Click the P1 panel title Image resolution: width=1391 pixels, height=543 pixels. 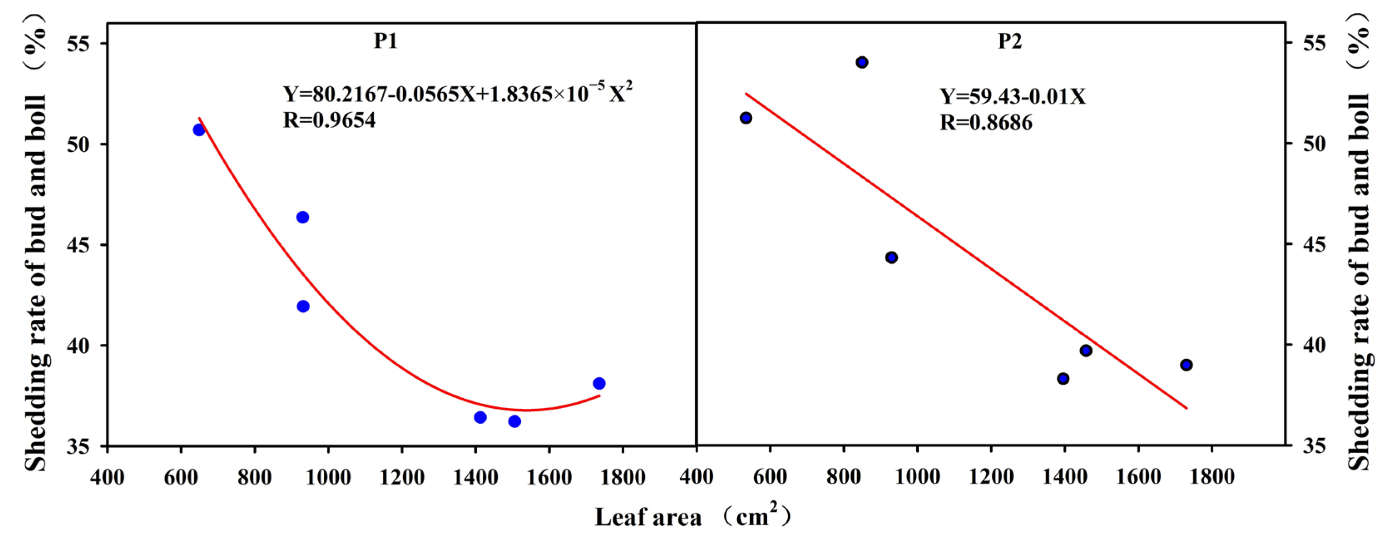386,41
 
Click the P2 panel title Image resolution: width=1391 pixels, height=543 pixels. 1009,41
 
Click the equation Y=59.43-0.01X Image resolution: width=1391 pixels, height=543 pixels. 1012,96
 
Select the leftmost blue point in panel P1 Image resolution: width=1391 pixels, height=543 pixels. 199,130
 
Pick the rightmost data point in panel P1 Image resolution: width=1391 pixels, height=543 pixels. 599,383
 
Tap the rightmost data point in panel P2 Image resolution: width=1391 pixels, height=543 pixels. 1186,365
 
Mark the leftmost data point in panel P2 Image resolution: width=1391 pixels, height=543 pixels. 746,118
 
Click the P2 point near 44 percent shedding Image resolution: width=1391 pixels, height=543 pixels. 892,257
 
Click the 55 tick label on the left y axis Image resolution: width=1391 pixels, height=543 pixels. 78,44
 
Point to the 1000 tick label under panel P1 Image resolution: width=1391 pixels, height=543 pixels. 328,477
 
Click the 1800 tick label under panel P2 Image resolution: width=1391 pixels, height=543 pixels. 1212,477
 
